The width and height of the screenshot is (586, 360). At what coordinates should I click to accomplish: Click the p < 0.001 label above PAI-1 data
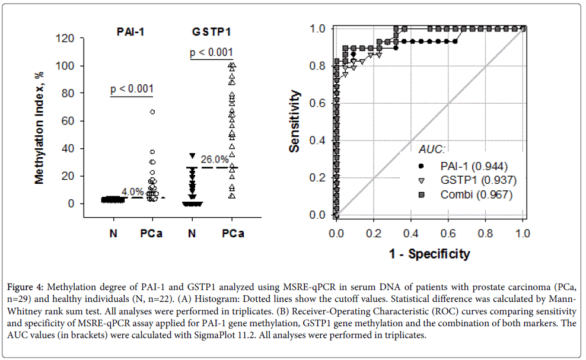pyautogui.click(x=132, y=90)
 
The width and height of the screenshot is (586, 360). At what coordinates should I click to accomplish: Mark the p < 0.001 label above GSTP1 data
pyautogui.click(x=212, y=53)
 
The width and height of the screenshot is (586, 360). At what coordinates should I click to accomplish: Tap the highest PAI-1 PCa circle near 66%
pyautogui.click(x=152, y=111)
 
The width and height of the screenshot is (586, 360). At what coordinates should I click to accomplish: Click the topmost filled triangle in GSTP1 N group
pyautogui.click(x=192, y=156)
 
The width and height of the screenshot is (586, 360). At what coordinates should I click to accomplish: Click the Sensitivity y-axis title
pyautogui.click(x=295, y=121)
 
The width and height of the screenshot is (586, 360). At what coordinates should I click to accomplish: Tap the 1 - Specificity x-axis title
pyautogui.click(x=429, y=254)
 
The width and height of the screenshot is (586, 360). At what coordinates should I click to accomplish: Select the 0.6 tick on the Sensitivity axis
pyautogui.click(x=319, y=103)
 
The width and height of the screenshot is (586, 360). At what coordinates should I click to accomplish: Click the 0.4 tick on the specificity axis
pyautogui.click(x=411, y=233)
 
